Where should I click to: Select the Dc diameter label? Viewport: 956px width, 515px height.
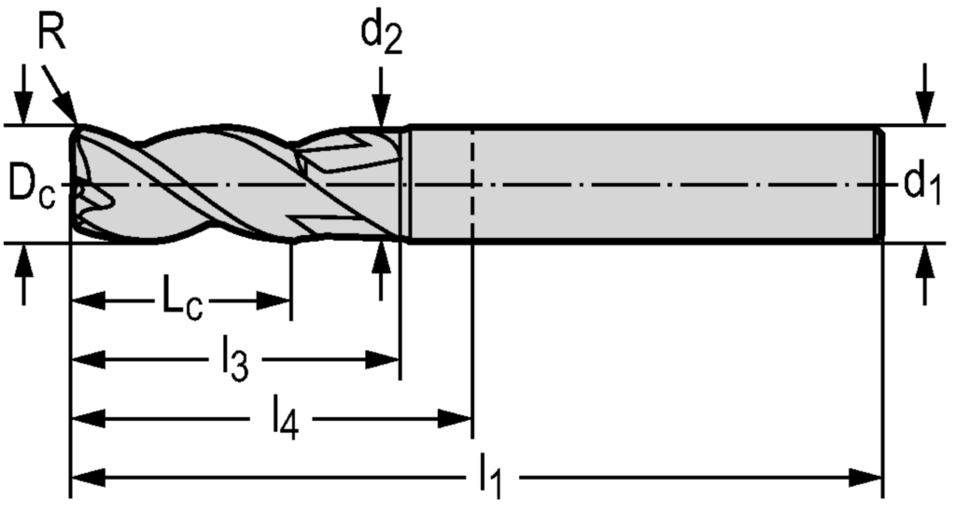point(32,184)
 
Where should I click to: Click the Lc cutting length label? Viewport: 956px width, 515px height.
point(180,302)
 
